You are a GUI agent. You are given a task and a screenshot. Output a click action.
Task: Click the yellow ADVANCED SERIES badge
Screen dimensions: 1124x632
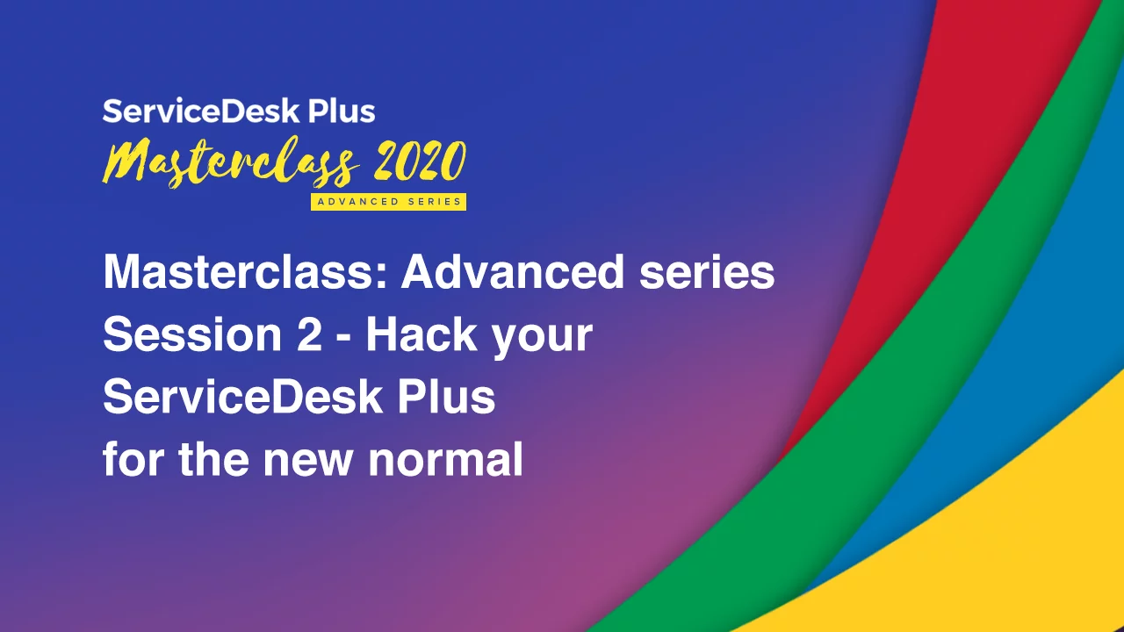(388, 202)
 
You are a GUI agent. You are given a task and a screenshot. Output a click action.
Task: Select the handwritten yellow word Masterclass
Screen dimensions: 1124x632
(231, 162)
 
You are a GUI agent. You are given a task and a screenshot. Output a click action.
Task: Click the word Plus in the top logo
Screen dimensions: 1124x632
(342, 111)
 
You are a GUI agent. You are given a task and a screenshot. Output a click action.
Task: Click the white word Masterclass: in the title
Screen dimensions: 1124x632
(245, 272)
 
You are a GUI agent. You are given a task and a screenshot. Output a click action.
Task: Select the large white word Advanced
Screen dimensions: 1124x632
(512, 272)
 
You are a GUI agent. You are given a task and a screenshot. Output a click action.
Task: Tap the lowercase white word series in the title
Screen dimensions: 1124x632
(707, 273)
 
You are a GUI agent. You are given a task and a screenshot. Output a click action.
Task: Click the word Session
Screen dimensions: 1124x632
(192, 334)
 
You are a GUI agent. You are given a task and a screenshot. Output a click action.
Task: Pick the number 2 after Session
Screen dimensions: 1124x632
(309, 334)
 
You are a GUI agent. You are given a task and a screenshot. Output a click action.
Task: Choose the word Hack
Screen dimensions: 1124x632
(421, 334)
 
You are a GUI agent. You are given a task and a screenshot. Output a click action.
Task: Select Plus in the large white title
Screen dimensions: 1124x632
(447, 397)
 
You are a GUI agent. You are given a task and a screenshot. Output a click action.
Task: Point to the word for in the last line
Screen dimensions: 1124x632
(133, 458)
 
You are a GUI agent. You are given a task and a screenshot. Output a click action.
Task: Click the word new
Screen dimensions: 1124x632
(307, 463)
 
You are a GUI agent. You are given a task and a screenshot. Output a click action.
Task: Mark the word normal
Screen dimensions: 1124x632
(445, 459)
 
